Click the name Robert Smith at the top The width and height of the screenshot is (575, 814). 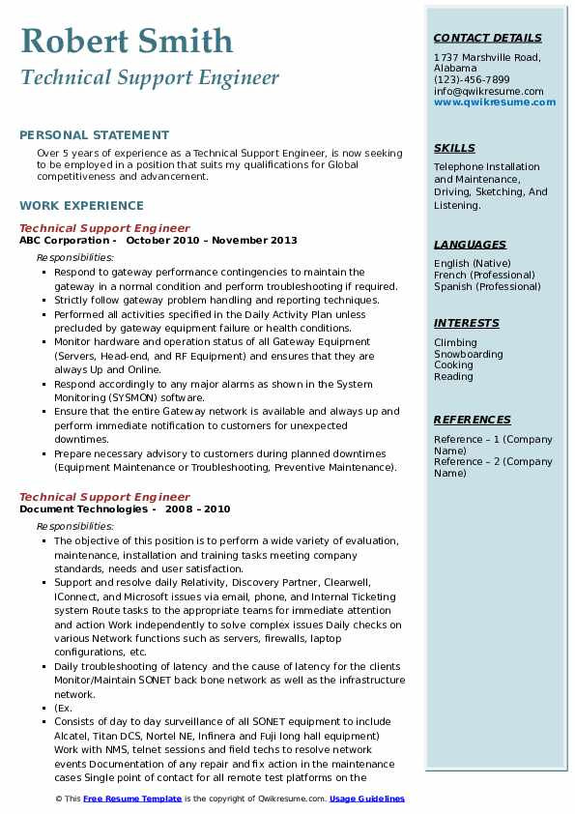[127, 41]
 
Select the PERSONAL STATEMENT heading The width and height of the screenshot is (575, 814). [94, 135]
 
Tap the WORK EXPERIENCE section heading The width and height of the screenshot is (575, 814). [81, 206]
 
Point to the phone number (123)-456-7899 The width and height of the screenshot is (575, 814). [472, 80]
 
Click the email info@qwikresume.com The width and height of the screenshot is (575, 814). [488, 91]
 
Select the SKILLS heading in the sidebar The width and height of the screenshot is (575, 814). [454, 148]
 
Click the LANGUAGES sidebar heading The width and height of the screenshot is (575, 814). [470, 245]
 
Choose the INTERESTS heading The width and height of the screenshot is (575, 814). [467, 323]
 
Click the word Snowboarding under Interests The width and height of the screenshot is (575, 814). [468, 354]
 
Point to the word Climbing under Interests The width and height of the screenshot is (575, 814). [455, 342]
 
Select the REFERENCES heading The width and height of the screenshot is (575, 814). [473, 420]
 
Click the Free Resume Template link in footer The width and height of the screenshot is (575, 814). [131, 799]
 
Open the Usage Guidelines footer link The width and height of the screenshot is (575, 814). [366, 799]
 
